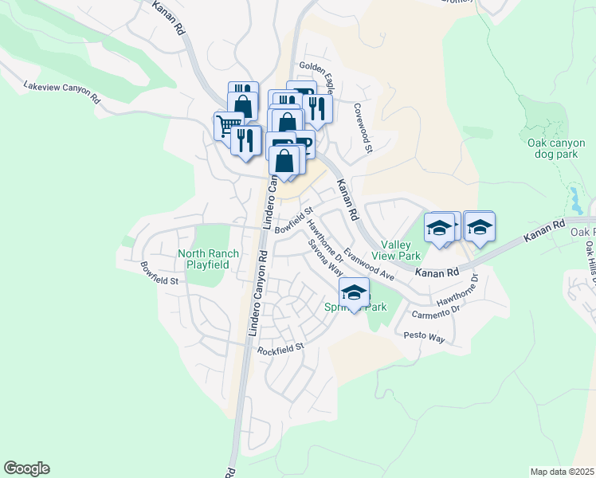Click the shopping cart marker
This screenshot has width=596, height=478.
coord(227,125)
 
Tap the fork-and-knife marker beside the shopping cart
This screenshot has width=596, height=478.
coord(246,140)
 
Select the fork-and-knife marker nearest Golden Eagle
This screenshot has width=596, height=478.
coord(317,109)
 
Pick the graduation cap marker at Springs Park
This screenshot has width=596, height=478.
coord(355,292)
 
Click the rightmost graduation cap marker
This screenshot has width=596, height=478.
coord(480,226)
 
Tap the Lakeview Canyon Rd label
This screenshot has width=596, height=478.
coord(61,91)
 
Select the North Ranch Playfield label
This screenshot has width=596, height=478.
coord(208,259)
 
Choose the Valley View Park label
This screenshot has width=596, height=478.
coord(401,250)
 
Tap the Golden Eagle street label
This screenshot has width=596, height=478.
coord(316,74)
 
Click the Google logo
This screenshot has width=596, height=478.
coord(26,468)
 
